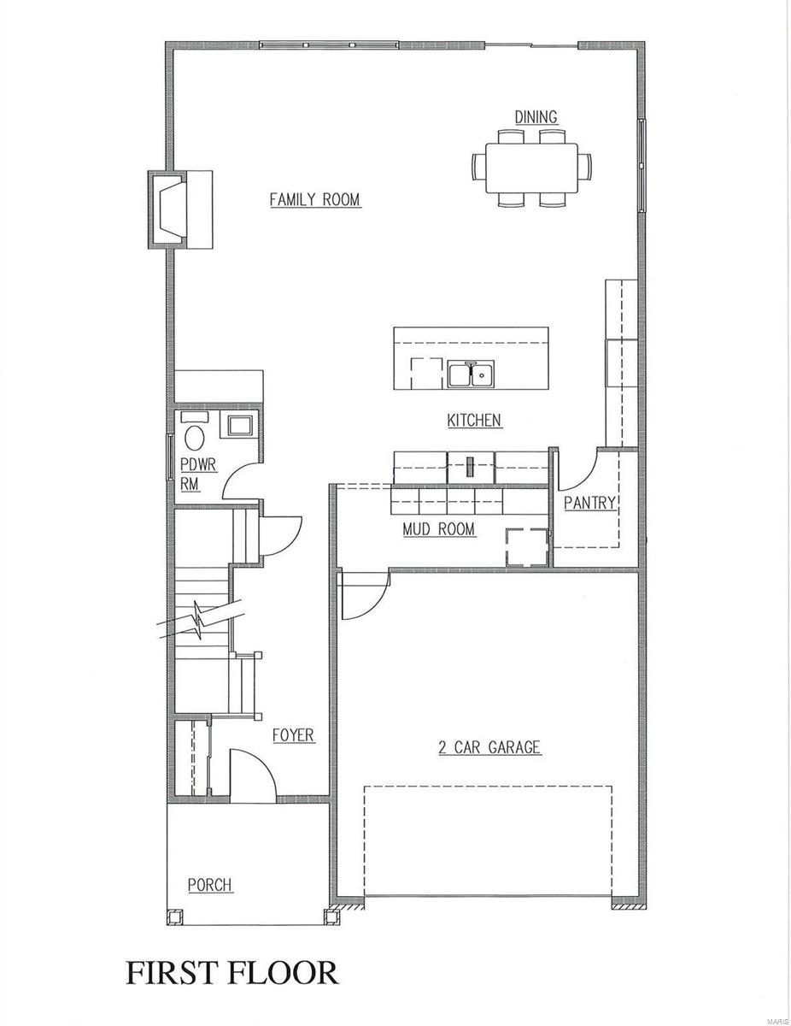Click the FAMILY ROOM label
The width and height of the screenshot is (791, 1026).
314,200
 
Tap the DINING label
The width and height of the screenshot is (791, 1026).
535,117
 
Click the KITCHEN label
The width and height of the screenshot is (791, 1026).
474,421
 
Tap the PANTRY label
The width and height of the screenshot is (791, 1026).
589,504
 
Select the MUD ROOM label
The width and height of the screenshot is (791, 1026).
438,529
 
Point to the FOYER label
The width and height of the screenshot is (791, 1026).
293,735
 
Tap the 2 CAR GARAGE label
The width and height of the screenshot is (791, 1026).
489,748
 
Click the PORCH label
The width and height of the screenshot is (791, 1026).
210,885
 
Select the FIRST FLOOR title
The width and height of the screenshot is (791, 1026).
232,973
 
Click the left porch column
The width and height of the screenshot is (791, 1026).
175,917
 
